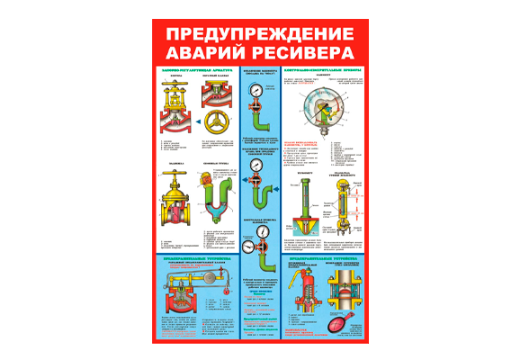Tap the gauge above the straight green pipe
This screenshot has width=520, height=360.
(257, 92)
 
